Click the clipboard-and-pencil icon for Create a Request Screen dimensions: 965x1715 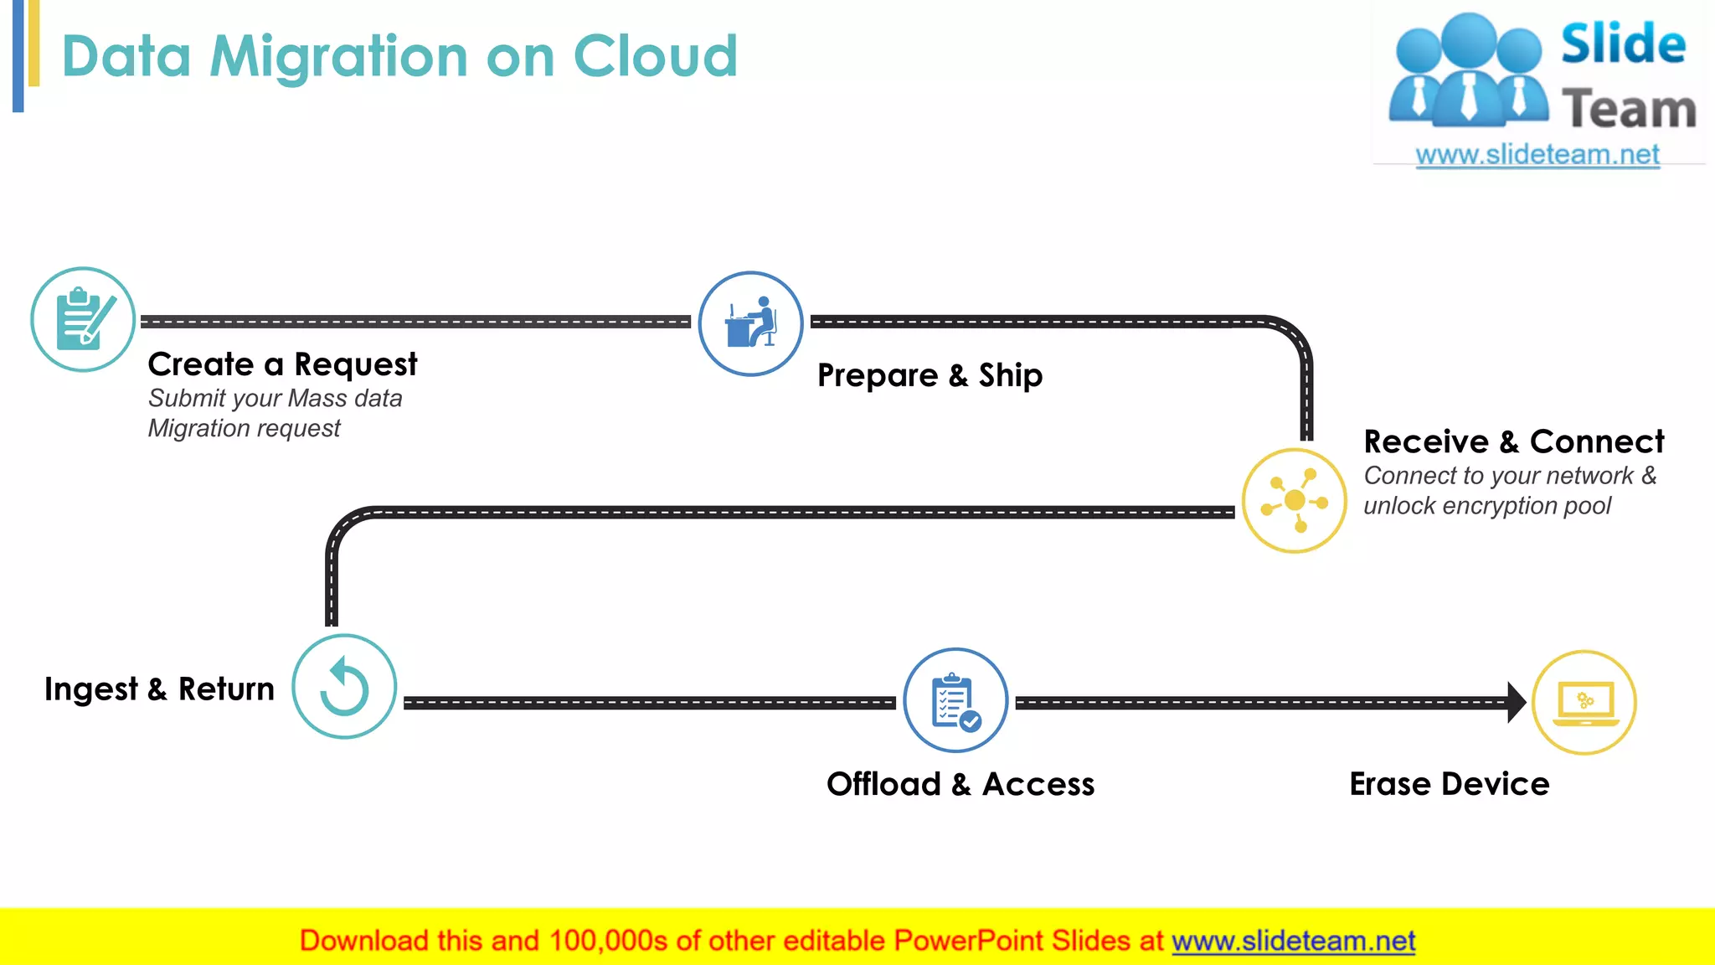[83, 319]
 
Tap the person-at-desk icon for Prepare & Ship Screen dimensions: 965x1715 [750, 323]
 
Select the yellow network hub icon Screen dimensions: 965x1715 [1294, 501]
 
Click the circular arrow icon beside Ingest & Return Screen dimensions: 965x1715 [344, 687]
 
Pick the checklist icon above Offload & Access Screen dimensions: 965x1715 [955, 701]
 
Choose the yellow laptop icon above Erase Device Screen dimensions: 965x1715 [1584, 702]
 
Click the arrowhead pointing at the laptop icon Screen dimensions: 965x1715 [1516, 702]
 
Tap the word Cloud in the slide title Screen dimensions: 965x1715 [655, 57]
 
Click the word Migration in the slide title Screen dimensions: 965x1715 [339, 57]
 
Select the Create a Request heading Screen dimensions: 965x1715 [282, 364]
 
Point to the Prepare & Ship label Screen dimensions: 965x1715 [930, 375]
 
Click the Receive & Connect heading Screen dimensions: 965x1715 [1513, 441]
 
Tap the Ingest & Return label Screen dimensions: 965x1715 [159, 689]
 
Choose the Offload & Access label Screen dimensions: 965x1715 [961, 784]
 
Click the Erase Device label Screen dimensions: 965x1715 [1449, 784]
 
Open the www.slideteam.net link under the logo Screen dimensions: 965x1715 [1537, 155]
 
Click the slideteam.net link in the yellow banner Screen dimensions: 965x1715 [1293, 941]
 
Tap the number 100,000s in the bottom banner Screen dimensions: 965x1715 [608, 941]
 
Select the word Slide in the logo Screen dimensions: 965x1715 [1623, 44]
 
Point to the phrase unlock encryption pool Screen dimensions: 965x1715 [1486, 506]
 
